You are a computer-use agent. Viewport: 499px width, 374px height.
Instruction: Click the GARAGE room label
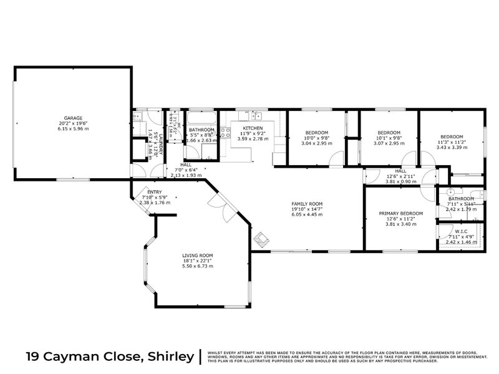pos(73,117)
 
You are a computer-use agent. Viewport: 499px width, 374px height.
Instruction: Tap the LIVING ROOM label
pos(198,255)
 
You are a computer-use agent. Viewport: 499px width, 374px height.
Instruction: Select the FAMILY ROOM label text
pos(307,204)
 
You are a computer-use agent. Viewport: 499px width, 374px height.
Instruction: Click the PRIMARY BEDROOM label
pos(401,213)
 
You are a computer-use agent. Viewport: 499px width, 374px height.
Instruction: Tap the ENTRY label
pos(154,192)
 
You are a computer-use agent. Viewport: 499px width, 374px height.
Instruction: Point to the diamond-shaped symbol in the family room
pos(261,239)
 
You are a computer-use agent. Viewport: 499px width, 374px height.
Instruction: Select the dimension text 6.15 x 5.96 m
pos(73,128)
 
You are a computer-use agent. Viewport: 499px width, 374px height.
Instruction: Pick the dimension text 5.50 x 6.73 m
pos(198,266)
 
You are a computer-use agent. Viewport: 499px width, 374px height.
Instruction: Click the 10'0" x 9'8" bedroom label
pos(316,132)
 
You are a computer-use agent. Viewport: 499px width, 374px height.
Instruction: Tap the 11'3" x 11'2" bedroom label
pos(451,137)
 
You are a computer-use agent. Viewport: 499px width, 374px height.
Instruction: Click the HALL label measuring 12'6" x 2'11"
pos(400,171)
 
